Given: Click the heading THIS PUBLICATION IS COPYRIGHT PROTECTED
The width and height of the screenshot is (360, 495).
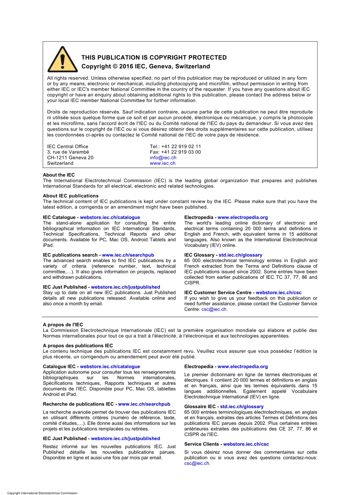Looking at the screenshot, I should click(154, 58).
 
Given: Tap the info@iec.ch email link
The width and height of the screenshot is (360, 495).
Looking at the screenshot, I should click(163, 157).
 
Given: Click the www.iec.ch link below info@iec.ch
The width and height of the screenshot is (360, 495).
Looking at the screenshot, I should click(163, 163).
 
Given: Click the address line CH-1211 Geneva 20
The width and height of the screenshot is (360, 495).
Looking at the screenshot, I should click(70, 157).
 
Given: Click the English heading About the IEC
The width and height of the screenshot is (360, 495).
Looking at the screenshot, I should click(59, 175).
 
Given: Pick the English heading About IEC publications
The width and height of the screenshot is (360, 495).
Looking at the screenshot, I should click(70, 196).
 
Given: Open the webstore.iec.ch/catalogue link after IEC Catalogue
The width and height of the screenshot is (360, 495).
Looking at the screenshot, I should click(110, 217).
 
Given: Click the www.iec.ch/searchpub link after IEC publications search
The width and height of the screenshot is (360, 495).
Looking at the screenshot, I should click(128, 255).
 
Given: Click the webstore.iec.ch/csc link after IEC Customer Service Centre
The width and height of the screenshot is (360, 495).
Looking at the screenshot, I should click(279, 292).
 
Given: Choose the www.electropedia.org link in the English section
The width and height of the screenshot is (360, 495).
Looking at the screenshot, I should click(243, 217).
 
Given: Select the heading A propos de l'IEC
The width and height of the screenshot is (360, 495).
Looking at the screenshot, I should click(63, 325).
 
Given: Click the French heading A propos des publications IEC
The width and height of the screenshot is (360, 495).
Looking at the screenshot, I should click(78, 346).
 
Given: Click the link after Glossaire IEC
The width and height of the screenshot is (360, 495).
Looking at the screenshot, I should click(242, 406).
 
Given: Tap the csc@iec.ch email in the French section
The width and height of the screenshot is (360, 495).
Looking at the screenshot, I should click(197, 463).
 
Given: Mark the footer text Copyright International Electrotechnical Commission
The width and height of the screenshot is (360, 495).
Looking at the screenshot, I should click(42, 493).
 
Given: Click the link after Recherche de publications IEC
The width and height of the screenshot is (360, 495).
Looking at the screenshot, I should click(144, 404).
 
